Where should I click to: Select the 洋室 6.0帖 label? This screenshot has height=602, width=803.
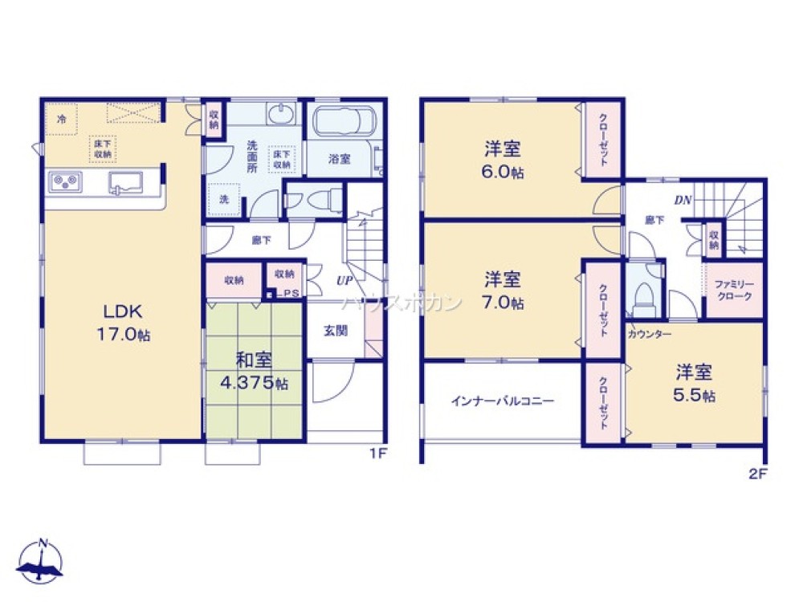point(503,161)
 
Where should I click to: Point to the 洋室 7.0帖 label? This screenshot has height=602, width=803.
point(503,291)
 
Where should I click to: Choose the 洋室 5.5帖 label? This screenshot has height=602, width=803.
point(695,384)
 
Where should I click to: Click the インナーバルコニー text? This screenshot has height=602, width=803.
point(502,401)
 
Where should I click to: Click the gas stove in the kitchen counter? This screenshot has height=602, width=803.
point(65,183)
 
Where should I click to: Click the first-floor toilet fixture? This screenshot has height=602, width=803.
point(314,200)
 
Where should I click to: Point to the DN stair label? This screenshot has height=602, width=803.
point(683,200)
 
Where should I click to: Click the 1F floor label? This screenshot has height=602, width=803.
point(378,453)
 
